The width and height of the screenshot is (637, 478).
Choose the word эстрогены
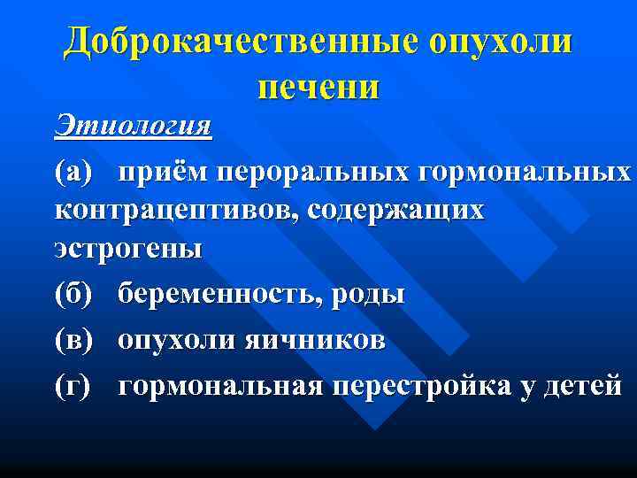(128, 250)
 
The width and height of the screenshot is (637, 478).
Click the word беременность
(219, 294)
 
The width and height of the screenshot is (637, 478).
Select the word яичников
(316, 340)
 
